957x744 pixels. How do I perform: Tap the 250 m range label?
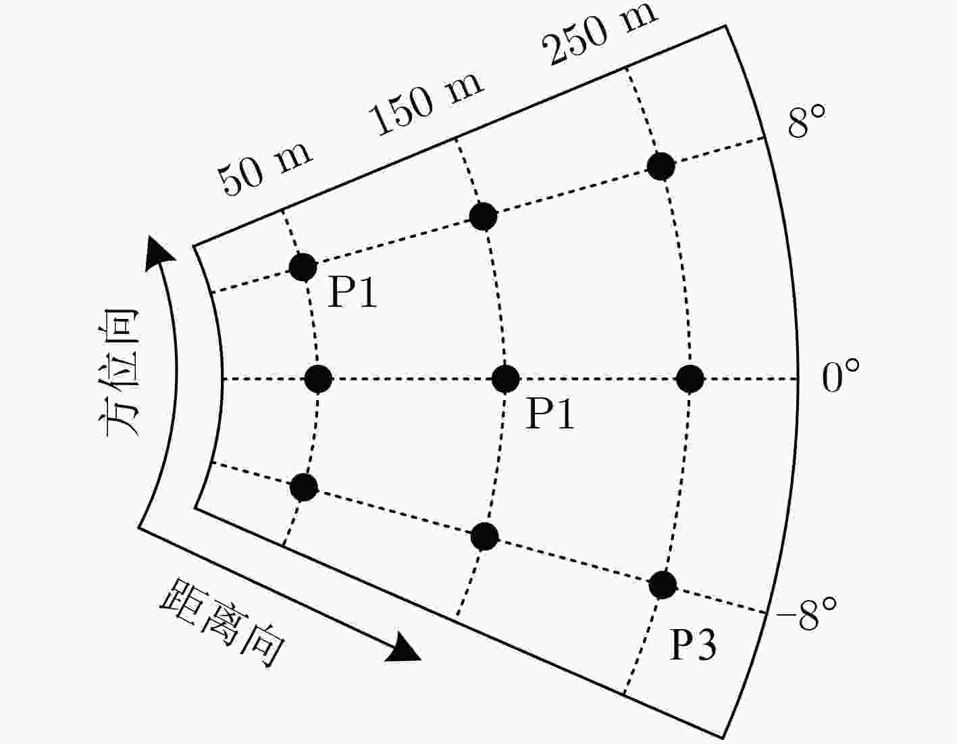[x=600, y=34]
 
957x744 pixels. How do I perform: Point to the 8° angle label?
[x=806, y=121]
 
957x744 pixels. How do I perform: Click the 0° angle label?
[x=840, y=375]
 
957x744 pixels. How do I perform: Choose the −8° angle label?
[x=806, y=614]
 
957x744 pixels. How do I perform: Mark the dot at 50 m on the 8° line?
[x=303, y=267]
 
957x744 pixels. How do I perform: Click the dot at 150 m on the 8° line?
[x=484, y=217]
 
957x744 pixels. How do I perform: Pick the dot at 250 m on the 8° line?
[x=661, y=166]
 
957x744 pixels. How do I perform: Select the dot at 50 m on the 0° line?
[x=318, y=378]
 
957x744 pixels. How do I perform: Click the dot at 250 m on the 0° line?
[x=690, y=378]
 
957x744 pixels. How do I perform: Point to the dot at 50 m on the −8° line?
[x=304, y=487]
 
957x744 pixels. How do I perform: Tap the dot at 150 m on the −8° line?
[x=484, y=537]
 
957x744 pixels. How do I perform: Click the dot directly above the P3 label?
[x=663, y=585]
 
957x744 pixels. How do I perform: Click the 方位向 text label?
[x=119, y=374]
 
